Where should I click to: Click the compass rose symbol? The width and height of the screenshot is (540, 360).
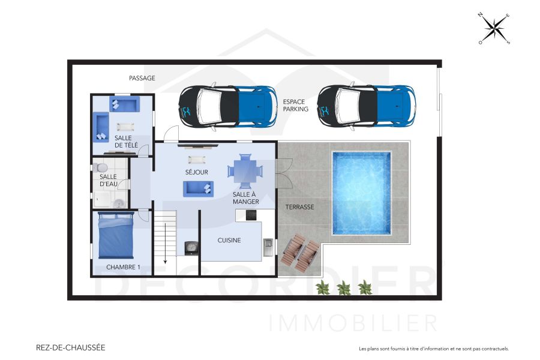tap(494, 28)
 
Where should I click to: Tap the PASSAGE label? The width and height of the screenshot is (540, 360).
tap(142, 78)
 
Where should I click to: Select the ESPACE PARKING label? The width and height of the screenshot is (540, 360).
tap(296, 106)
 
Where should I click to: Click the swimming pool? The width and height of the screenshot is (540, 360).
tap(361, 193)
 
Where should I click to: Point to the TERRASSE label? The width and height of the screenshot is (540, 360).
tap(300, 207)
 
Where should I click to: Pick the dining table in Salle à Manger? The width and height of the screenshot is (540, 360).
tap(245, 170)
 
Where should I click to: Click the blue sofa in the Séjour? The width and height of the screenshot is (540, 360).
tap(198, 188)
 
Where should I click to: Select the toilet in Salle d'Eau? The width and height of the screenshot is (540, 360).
tap(101, 166)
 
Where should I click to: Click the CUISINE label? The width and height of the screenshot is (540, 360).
tap(229, 241)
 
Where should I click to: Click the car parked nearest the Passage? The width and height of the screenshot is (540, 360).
tap(227, 107)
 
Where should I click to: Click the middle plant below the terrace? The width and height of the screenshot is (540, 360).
tap(344, 289)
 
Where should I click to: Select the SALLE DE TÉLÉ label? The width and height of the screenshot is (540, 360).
tap(126, 142)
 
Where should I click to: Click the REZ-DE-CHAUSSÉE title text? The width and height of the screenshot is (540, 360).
tap(70, 347)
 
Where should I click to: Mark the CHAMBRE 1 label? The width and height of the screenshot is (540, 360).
tap(123, 267)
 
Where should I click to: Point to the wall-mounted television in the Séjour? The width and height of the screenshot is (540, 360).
tap(197, 145)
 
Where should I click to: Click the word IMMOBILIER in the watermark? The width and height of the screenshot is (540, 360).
tap(354, 323)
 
